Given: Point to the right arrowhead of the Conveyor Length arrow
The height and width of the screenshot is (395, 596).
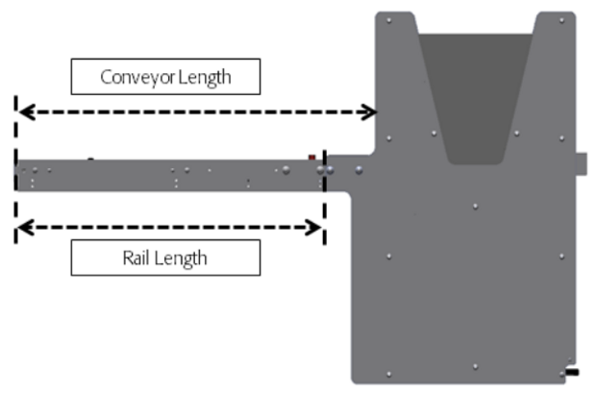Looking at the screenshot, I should coord(369,112).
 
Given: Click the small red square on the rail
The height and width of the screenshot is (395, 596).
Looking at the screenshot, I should coord(311,157).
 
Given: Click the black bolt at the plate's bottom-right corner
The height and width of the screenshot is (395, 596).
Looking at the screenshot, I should coord(571,371).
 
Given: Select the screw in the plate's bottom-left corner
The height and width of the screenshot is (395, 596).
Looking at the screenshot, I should coord(388,373).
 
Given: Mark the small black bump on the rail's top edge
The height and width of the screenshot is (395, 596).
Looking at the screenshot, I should coord(90,159).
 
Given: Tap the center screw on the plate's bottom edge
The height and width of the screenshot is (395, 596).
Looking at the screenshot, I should coord(475,366).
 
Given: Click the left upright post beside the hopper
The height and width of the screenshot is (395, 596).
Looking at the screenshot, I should coord(396,77).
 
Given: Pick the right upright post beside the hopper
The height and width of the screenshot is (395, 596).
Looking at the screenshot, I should coord(556,77).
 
